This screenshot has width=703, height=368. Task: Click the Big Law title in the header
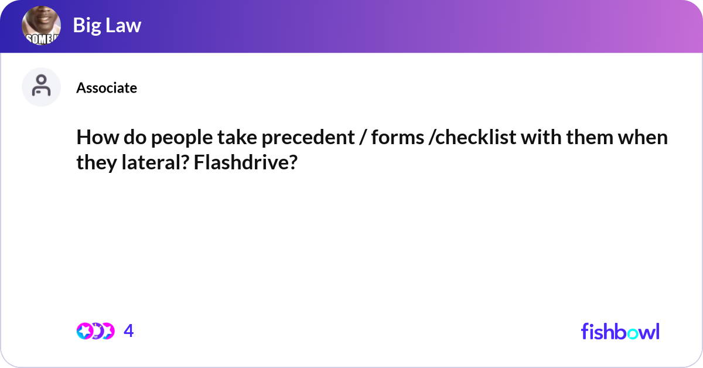click(107, 25)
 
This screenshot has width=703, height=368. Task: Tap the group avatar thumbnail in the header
click(41, 27)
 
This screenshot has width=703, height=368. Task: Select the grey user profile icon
click(41, 87)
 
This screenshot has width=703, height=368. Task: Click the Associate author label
click(107, 88)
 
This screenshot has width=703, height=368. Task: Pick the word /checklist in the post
click(469, 139)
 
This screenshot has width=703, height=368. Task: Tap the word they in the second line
click(95, 162)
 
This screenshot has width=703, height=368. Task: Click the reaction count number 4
click(129, 331)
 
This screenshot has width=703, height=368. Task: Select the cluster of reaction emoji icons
click(95, 331)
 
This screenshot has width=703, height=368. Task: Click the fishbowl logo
click(620, 331)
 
